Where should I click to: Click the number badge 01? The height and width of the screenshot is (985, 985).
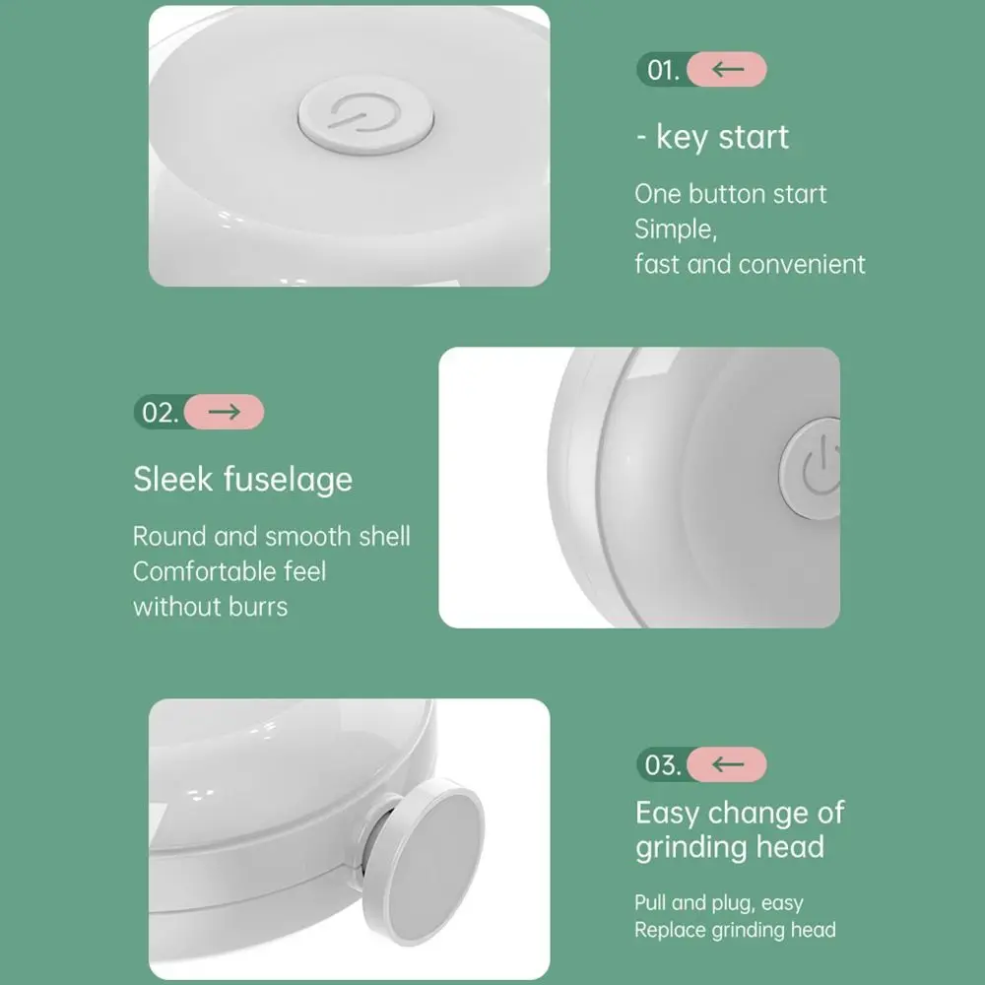click(663, 70)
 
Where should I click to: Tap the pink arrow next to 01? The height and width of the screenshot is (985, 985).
click(727, 70)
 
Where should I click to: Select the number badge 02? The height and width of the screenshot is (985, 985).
click(160, 412)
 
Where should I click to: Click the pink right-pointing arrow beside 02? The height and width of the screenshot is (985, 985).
click(225, 412)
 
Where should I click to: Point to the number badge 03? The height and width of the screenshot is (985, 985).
click(663, 764)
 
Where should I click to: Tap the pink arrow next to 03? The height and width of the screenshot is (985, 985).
click(727, 764)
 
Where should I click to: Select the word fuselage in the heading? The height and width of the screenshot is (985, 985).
click(288, 480)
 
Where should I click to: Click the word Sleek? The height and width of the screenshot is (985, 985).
click(173, 480)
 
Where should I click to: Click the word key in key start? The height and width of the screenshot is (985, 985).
click(681, 138)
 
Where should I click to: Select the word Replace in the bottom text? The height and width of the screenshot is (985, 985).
click(669, 930)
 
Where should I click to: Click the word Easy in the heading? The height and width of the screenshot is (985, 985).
click(668, 813)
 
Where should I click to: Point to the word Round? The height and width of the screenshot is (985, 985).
click(170, 537)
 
